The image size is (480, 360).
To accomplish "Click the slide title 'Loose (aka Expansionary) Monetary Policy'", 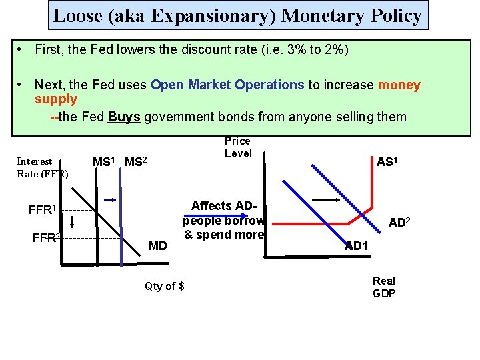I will point(237,16).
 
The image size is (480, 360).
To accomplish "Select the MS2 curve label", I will point(136,162).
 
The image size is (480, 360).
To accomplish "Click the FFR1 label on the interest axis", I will point(42,210).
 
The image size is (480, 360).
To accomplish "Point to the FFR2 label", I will point(47,237).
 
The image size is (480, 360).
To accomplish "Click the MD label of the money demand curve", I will point(158,246).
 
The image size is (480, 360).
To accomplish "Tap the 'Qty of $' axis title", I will point(165,286).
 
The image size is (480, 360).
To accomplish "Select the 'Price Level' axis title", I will point(238,147).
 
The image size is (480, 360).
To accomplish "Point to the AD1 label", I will point(357,246).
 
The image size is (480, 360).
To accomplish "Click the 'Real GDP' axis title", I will point(384,287).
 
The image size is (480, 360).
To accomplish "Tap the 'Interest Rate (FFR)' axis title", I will point(41,167).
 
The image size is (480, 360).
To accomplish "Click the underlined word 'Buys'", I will point(123,117).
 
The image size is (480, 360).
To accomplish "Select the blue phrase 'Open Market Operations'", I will point(227,85).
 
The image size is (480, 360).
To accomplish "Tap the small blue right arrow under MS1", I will point(110,199).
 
